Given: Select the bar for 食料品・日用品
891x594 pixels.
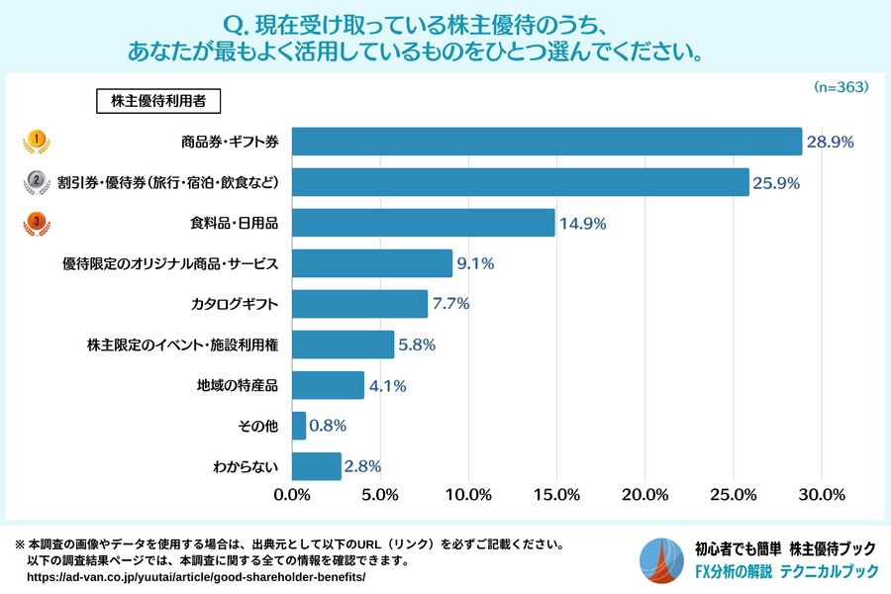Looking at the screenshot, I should [x=423, y=223].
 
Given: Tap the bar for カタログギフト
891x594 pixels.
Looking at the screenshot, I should [x=359, y=304].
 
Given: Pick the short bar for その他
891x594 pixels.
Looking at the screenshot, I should [x=299, y=426].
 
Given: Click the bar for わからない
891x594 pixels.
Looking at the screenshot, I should [x=317, y=466].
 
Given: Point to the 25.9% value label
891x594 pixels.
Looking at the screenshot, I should [x=777, y=183].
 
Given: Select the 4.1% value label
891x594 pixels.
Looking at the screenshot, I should [x=388, y=386].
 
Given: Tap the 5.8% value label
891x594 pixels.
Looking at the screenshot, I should [x=416, y=346].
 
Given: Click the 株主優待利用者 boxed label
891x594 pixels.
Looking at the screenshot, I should [x=158, y=100].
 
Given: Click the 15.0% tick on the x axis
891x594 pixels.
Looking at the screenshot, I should [x=556, y=494].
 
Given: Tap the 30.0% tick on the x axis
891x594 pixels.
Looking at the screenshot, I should [x=821, y=494].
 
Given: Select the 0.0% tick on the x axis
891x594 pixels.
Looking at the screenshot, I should [x=292, y=494].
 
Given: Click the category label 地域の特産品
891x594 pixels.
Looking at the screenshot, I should [x=239, y=386].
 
